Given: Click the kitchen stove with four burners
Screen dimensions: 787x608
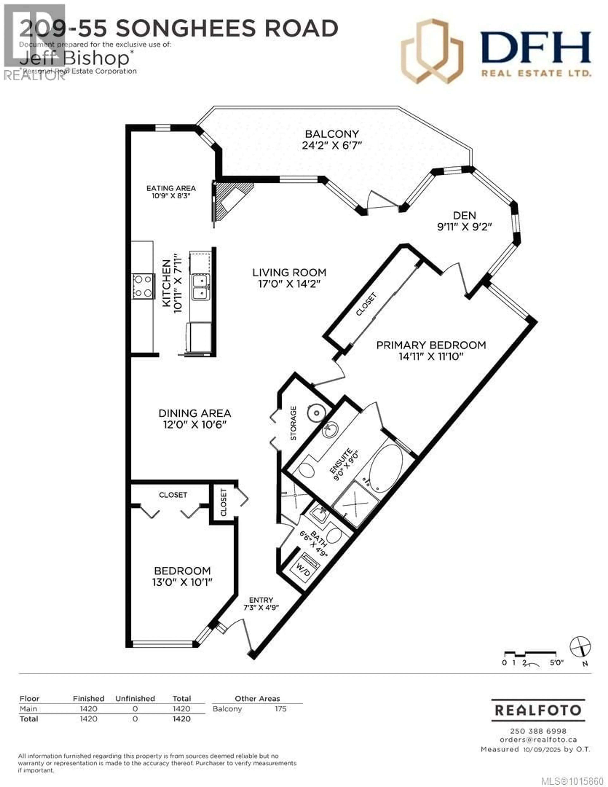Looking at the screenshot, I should click(143, 286).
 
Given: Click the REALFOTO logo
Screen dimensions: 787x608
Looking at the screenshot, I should click(538, 710).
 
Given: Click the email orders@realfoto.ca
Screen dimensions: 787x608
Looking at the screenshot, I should click(538, 739).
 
